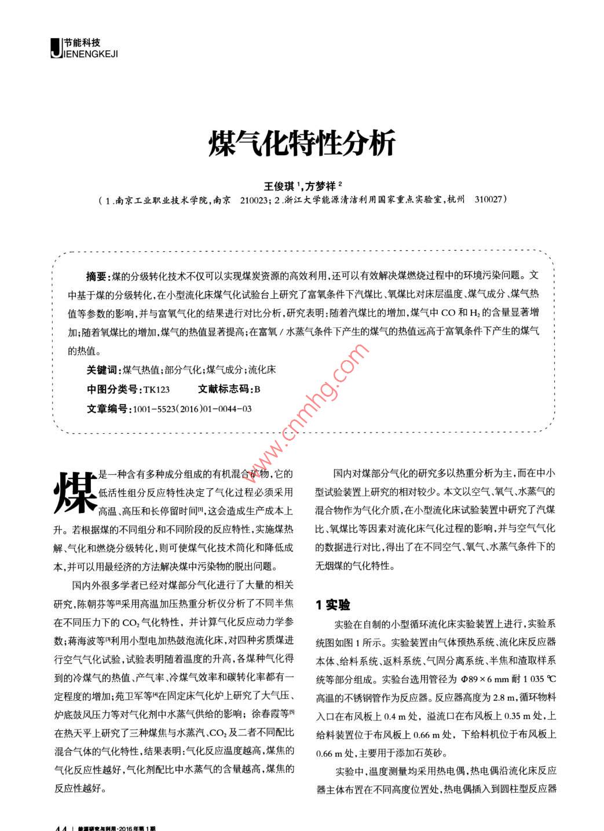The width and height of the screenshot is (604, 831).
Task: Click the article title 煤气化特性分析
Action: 302,143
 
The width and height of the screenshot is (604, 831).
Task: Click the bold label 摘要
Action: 97,276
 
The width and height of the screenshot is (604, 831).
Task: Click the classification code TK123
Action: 156,390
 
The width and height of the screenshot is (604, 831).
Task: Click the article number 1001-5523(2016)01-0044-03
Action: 192,409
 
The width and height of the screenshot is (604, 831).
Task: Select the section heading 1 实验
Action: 333,605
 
